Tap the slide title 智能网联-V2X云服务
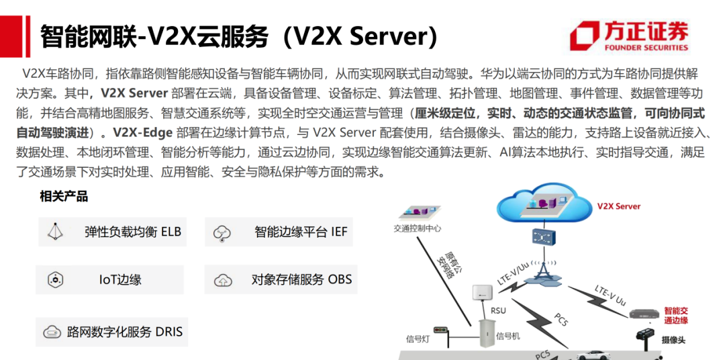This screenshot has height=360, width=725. (x=238, y=35)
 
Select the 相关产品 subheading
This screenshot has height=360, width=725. (x=64, y=197)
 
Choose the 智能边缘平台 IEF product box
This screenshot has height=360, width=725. (x=281, y=232)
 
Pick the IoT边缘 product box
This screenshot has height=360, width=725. (x=109, y=279)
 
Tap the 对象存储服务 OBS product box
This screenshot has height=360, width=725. (x=281, y=279)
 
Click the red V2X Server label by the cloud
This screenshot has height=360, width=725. (x=618, y=206)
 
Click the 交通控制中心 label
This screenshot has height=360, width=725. (x=418, y=228)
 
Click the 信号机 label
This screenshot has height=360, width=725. (x=508, y=335)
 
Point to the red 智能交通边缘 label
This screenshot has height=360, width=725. (x=676, y=315)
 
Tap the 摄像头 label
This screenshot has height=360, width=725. (x=673, y=341)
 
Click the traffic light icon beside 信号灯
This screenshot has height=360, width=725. (x=440, y=330)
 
